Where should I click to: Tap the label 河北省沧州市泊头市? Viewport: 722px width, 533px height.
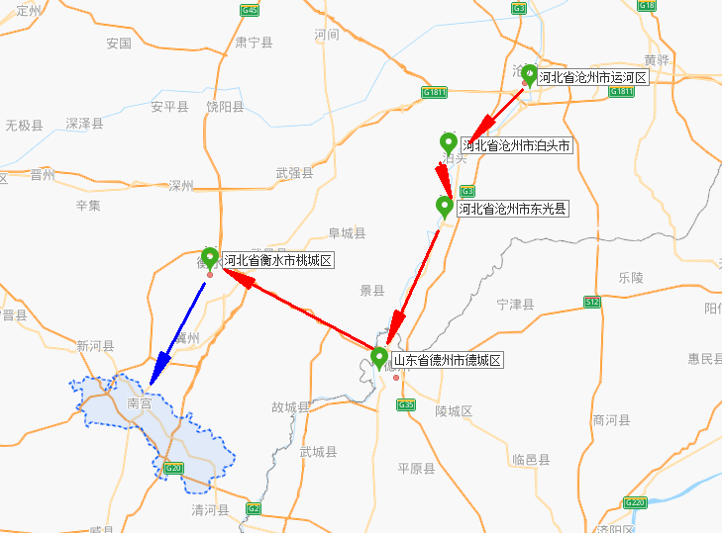tap(517, 146)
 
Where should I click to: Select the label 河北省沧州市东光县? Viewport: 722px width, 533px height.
tap(512, 209)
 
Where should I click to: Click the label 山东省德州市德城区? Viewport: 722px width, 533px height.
tap(448, 361)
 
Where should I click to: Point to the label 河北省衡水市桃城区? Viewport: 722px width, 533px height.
tap(277, 261)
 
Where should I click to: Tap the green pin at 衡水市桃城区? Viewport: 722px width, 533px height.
tap(209, 259)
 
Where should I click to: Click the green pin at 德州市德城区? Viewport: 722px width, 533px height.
tap(378, 358)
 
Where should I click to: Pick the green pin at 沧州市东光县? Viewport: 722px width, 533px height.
tap(445, 207)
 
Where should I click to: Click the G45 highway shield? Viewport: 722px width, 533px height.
tap(250, 9)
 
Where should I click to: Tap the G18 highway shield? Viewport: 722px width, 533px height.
tap(647, 6)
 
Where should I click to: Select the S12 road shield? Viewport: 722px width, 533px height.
tap(592, 302)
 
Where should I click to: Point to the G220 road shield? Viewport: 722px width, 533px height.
tap(635, 503)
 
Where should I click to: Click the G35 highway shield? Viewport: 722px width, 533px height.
tap(405, 405)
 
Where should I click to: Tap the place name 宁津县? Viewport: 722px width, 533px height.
tap(515, 305)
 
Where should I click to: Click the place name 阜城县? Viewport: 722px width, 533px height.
tap(347, 234)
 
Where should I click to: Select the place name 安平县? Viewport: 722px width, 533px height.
tap(169, 107)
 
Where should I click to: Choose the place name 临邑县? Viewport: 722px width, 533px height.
tap(531, 460)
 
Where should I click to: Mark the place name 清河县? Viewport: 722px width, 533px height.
tap(210, 511)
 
